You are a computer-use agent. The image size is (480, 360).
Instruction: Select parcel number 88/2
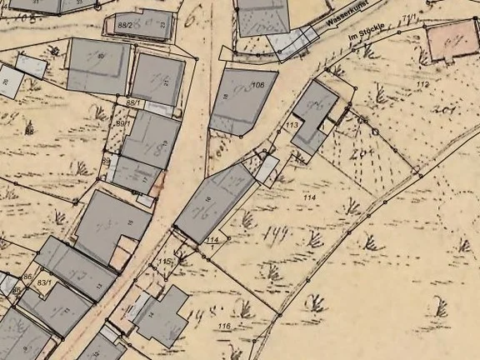(126, 27)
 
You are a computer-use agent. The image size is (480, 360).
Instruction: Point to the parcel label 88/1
(132, 102)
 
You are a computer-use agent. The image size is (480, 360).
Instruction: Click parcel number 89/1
(122, 123)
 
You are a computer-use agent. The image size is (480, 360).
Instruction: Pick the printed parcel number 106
(258, 85)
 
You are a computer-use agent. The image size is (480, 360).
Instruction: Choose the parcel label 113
(292, 125)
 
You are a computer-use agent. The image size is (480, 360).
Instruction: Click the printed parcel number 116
(223, 325)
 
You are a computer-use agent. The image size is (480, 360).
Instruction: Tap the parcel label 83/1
(44, 284)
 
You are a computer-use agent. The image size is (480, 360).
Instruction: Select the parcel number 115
(165, 262)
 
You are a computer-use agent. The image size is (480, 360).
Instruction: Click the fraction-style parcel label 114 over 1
(213, 242)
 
